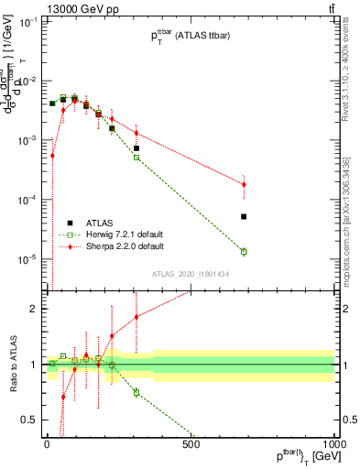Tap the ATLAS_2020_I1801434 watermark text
(190, 274)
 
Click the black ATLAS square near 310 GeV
(136, 148)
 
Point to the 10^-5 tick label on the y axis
(25, 259)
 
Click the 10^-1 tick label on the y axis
(25, 22)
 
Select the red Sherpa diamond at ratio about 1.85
(136, 317)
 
